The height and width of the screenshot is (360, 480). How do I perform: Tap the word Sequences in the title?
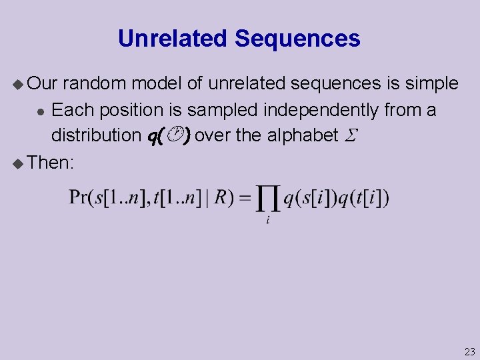point(297,39)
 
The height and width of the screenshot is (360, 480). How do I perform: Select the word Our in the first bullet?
point(45,84)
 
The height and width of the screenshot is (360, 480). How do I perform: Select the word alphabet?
point(303,135)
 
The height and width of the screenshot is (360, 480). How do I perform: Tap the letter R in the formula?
point(220,198)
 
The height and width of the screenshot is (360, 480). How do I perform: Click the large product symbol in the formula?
point(267,198)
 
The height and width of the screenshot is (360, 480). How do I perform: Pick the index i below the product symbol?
point(267,221)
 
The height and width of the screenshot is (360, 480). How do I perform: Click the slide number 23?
point(469,352)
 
